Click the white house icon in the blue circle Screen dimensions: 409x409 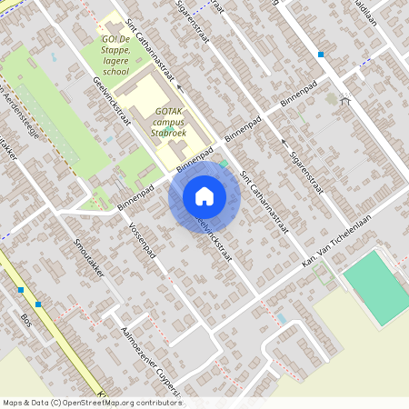(204, 196)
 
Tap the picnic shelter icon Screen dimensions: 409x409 (344, 100)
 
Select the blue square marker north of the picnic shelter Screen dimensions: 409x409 (321, 55)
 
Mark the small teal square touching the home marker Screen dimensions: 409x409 (224, 165)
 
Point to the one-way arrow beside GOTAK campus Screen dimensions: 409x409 (179, 88)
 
